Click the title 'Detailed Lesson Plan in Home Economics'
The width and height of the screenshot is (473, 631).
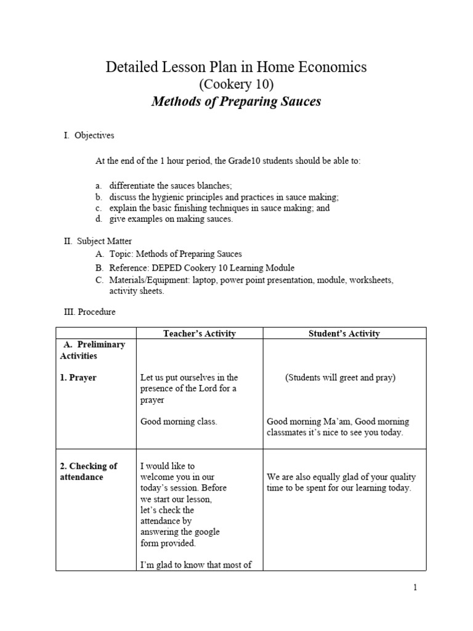tap(236, 68)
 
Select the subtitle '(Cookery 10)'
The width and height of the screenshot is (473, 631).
tap(236, 84)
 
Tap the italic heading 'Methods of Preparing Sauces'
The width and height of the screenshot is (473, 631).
tap(236, 102)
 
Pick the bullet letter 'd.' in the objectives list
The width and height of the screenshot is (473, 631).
tap(99, 219)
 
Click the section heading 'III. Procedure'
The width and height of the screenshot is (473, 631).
tap(90, 312)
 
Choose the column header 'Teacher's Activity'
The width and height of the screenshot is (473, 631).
tap(199, 333)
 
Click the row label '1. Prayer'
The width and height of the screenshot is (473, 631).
tap(78, 378)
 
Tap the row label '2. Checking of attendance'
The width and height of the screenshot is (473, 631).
tap(88, 471)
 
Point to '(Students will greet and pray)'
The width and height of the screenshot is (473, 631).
tap(340, 378)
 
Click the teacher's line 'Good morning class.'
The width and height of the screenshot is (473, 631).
tap(179, 422)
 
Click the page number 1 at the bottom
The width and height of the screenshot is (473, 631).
tap(415, 587)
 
